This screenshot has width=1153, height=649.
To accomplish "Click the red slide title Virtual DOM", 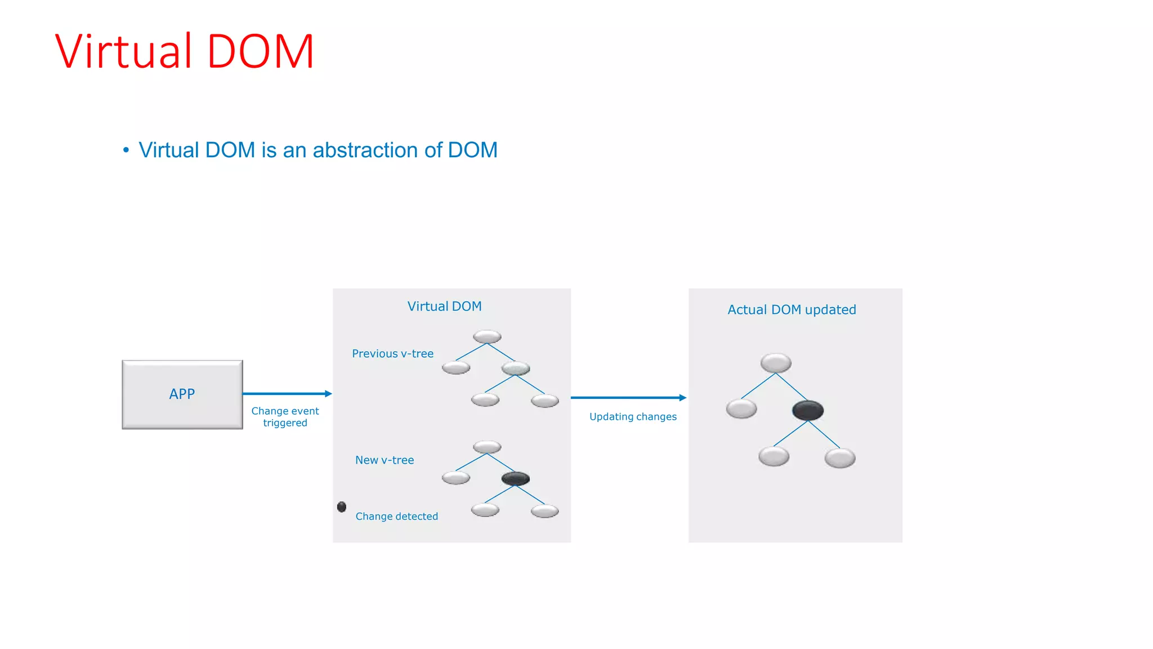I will pyautogui.click(x=184, y=51).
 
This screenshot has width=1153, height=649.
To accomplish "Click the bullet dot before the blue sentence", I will pyautogui.click(x=126, y=150).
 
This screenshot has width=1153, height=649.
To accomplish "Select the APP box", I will pyautogui.click(x=182, y=394).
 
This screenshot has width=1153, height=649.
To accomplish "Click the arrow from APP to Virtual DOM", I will pyautogui.click(x=287, y=394).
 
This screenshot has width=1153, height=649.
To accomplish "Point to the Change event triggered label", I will pyautogui.click(x=285, y=417).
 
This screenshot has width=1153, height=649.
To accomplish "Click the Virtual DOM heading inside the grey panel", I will pyautogui.click(x=444, y=306).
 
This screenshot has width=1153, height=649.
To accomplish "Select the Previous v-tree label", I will pyautogui.click(x=392, y=354).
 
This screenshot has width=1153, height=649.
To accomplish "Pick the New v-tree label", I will pyautogui.click(x=385, y=460).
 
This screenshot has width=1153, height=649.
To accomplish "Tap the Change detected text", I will pyautogui.click(x=396, y=517).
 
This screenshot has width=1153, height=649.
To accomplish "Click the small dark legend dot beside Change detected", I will pyautogui.click(x=342, y=507).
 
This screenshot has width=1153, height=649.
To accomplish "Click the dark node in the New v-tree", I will pyautogui.click(x=515, y=479).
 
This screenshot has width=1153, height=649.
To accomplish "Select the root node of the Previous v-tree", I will pyautogui.click(x=487, y=337).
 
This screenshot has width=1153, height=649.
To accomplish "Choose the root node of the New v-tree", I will pyautogui.click(x=487, y=447).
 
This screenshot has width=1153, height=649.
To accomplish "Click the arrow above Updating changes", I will pyautogui.click(x=628, y=398).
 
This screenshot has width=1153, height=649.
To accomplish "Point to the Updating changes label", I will pyautogui.click(x=633, y=417).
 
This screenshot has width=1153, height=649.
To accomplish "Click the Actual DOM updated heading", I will pyautogui.click(x=792, y=310).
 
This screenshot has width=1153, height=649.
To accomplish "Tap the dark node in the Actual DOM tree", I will pyautogui.click(x=808, y=410).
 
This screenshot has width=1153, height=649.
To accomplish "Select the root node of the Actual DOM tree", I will pyautogui.click(x=776, y=363).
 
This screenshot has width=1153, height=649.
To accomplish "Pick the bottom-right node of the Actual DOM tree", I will pyautogui.click(x=840, y=458).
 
